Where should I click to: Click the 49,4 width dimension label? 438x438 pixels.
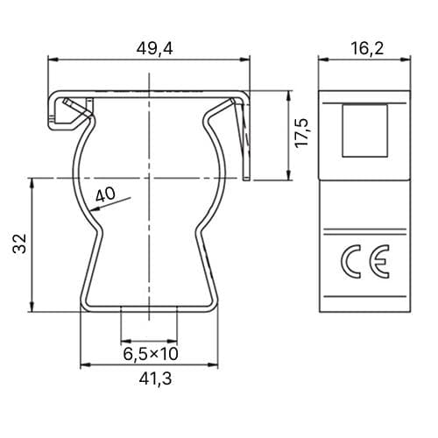154,48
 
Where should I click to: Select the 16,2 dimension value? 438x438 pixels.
367,48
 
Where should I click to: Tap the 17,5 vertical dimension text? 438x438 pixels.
301,133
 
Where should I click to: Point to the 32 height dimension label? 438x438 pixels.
20,243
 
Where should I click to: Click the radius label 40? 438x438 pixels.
105,194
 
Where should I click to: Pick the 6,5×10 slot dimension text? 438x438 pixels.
151,354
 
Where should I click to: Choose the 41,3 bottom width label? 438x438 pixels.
155,379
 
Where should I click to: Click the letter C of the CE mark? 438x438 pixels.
350,261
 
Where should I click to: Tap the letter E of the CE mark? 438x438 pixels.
379,261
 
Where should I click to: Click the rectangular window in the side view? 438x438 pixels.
365,131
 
